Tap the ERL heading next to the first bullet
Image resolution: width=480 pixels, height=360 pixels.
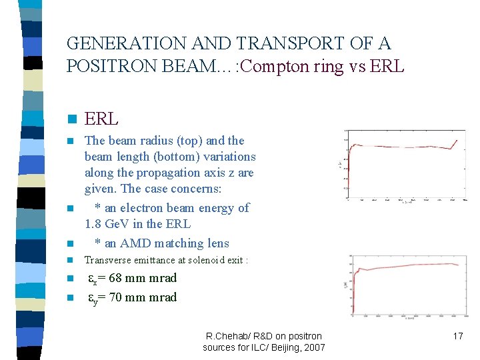coord(101,119)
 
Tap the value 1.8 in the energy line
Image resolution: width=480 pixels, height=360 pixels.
coord(95,224)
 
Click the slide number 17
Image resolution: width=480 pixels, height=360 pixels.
coord(457,336)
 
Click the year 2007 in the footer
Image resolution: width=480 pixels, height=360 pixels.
coord(313,347)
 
